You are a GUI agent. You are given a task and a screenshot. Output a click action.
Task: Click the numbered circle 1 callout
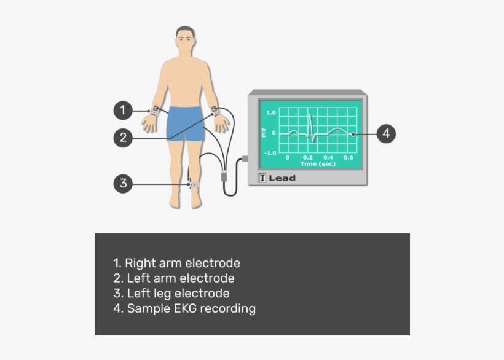coord(123,111)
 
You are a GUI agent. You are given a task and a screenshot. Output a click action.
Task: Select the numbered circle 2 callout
coord(123,138)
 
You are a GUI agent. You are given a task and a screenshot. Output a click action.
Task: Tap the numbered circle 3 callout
coord(123,183)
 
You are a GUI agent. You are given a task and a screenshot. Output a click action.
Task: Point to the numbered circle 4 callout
coord(385,133)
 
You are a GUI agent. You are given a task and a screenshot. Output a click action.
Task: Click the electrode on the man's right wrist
coord(156,111)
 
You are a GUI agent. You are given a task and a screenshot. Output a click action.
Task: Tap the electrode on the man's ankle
coord(194,184)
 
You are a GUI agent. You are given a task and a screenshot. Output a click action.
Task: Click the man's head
coord(185,42)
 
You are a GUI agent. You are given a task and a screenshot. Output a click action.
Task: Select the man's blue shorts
coord(185,122)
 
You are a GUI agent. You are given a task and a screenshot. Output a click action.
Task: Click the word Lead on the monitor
coord(282,178)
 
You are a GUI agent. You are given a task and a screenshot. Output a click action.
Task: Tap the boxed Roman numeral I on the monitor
coord(262,178)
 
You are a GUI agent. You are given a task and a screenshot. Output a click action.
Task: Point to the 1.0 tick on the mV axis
coord(270,114)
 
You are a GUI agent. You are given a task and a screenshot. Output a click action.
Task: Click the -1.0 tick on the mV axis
coord(269,152)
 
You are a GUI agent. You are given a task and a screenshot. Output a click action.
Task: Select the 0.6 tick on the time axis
coord(348,158)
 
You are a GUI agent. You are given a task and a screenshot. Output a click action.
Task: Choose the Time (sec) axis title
coord(318,164)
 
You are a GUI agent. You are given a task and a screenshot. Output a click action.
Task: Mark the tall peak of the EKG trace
coord(310,116)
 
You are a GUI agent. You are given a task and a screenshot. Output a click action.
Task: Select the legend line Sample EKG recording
coord(184,308)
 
